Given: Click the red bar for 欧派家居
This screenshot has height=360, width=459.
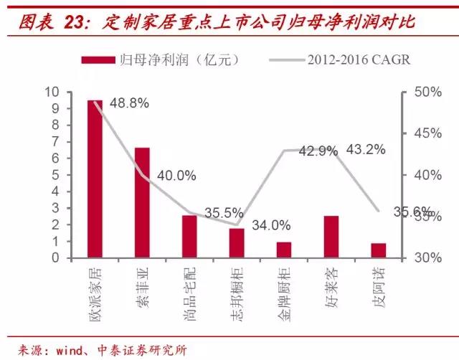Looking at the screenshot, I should [x=95, y=179].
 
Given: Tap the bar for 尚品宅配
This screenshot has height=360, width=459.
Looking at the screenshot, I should [x=189, y=236].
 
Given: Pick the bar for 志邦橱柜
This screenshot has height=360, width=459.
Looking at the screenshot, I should [x=237, y=242].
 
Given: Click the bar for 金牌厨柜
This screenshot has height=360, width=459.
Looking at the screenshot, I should [x=284, y=250].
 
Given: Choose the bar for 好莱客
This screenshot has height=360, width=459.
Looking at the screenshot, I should [x=331, y=236].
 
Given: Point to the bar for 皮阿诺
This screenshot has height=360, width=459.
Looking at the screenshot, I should [x=379, y=250].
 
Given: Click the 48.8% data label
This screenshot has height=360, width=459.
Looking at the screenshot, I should [x=130, y=103].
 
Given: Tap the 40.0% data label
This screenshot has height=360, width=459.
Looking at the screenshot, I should [x=176, y=175].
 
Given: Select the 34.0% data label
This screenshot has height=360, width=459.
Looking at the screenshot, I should [x=271, y=225].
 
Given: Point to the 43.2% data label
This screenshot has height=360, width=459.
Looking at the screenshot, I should [x=366, y=150].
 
